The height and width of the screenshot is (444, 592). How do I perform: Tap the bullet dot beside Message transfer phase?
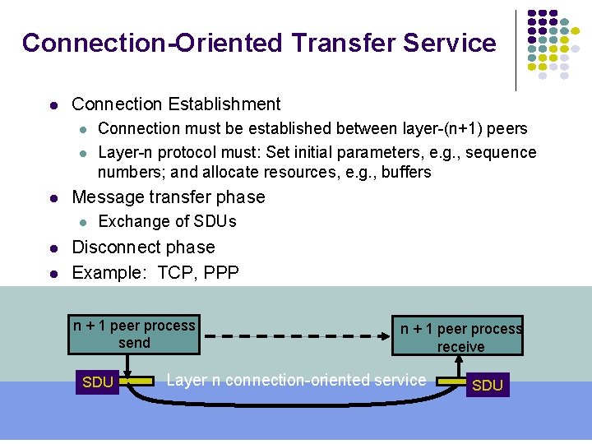(53, 197)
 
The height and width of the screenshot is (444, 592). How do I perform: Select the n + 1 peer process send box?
(134, 334)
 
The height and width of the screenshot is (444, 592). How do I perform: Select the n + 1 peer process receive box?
(460, 337)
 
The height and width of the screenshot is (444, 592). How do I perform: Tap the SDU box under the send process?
(98, 382)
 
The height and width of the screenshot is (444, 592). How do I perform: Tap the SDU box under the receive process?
(488, 385)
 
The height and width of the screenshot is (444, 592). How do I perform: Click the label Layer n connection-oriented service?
(296, 380)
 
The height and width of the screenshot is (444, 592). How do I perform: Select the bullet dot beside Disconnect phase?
(53, 247)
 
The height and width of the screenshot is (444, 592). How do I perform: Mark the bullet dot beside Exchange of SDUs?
(82, 222)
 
